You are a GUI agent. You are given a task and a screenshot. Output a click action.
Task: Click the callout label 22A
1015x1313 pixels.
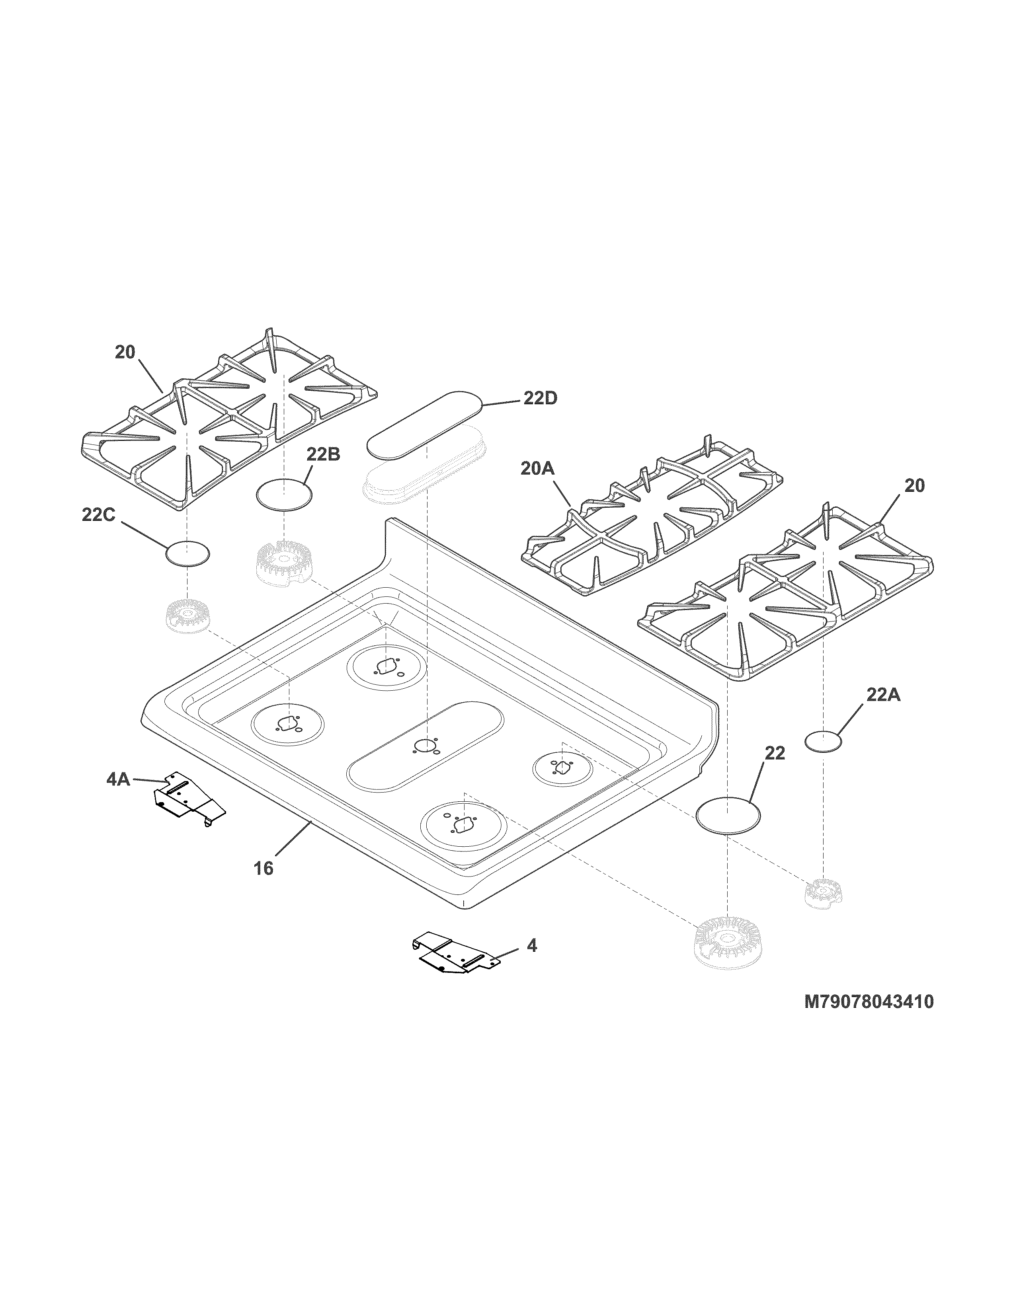883,695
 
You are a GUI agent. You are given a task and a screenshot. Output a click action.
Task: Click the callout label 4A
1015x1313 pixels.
118,780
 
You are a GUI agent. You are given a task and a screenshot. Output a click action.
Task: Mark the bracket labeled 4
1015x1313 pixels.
455,957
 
